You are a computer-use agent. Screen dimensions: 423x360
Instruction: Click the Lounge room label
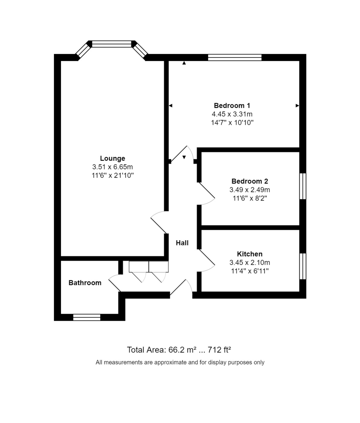tap(112, 158)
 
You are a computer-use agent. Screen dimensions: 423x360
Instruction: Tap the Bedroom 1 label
tap(232, 105)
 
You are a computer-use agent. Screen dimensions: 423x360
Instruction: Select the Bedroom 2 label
tap(249, 181)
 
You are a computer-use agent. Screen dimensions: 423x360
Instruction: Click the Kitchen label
tap(249, 254)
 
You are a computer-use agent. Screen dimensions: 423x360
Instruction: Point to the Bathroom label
tap(85, 283)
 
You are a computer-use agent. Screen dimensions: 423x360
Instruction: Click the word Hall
tap(182, 243)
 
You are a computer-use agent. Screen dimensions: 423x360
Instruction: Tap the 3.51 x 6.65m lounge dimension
tap(112, 167)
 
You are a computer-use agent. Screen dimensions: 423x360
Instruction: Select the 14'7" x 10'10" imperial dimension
tap(232, 123)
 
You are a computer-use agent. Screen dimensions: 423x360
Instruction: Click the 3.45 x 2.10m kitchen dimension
tap(249, 263)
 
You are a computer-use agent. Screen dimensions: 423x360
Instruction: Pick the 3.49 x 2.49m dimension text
tap(249, 190)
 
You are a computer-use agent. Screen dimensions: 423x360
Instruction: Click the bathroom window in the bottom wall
tap(87, 317)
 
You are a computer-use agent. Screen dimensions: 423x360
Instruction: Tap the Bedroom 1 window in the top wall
tap(235, 57)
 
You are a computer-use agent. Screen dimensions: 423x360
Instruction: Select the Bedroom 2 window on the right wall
tap(303, 186)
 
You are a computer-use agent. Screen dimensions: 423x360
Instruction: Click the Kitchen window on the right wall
tap(303, 266)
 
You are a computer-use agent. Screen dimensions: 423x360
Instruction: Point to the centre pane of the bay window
tap(111, 44)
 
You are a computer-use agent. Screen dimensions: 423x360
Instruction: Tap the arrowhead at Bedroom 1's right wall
tap(297, 105)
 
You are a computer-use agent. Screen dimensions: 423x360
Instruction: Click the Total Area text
tap(179, 350)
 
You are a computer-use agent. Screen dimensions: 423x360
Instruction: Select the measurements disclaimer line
tap(180, 362)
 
